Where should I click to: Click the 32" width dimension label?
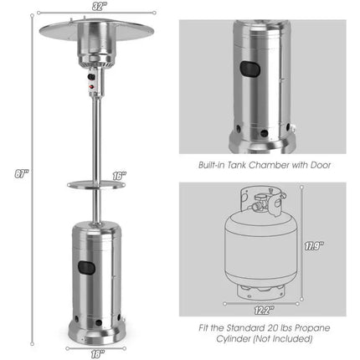[101, 7]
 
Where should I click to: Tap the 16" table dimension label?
[119, 176]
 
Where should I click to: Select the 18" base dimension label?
[99, 352]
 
